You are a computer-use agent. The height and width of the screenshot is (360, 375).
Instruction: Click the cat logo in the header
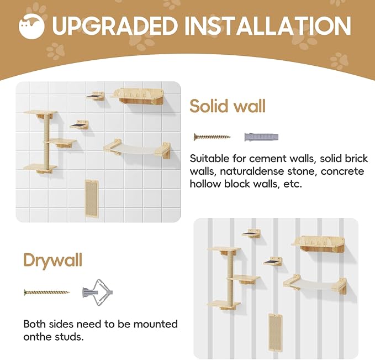(31, 26)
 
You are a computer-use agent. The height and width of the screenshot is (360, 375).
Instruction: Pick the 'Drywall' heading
(53, 259)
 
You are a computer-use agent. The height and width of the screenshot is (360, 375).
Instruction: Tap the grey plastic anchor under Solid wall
(261, 136)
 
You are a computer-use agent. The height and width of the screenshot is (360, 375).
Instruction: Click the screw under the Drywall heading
(46, 291)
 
